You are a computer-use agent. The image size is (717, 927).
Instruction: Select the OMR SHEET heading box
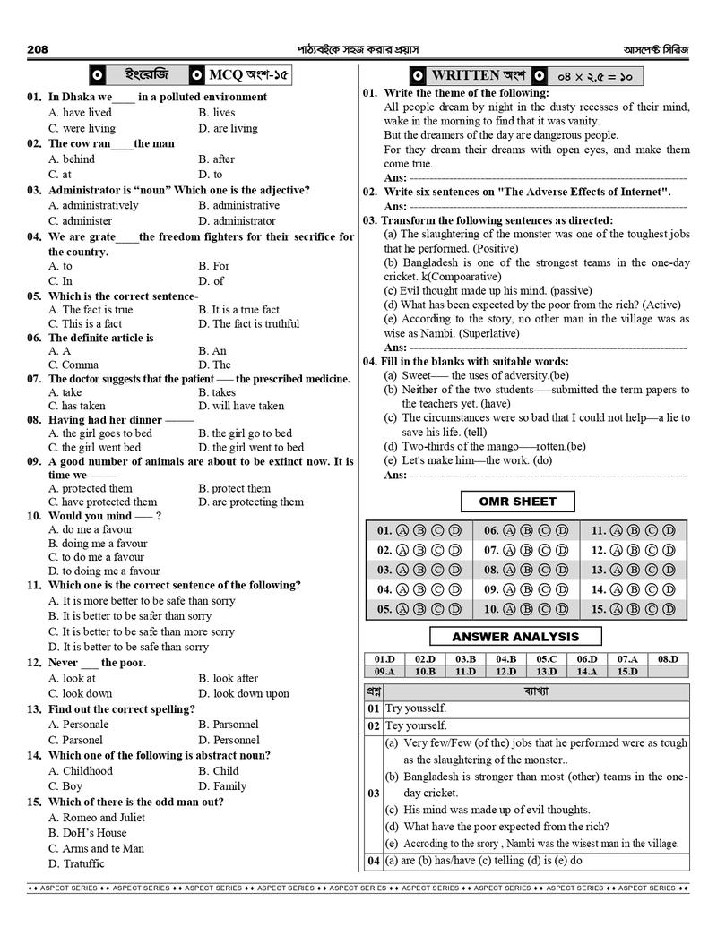pos(517,502)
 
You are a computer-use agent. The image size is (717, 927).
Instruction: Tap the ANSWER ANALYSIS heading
pos(515,637)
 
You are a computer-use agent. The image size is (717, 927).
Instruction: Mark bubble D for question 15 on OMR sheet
pos(669,609)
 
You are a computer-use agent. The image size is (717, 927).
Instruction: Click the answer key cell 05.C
pos(547,659)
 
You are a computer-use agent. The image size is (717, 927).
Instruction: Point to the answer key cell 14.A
pos(587,671)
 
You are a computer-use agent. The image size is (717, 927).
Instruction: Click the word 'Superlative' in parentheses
pos(488,332)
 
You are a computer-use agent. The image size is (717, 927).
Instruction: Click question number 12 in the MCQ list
pos(35,663)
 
